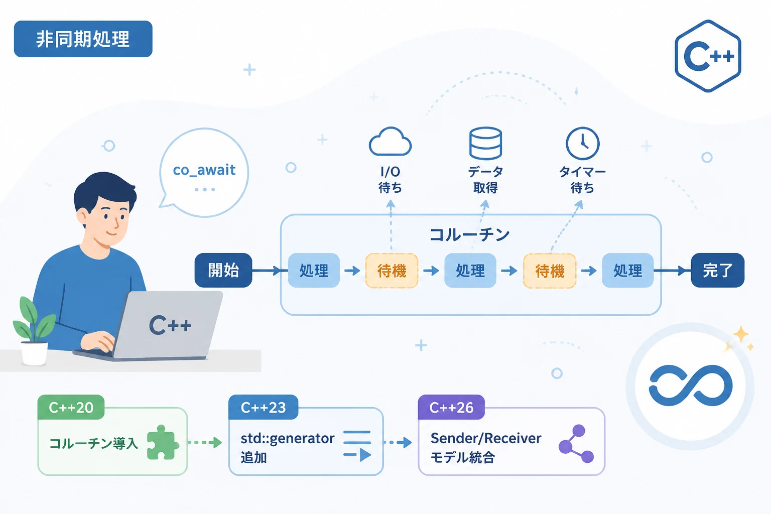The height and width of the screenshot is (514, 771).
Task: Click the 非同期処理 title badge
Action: pyautogui.click(x=83, y=39)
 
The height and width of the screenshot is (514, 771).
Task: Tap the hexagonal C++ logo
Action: pyautogui.click(x=708, y=56)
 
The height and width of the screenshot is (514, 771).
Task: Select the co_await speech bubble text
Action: pyautogui.click(x=204, y=170)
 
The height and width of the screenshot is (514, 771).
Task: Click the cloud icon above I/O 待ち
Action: pyautogui.click(x=390, y=142)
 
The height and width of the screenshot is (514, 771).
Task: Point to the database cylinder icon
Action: pyautogui.click(x=486, y=143)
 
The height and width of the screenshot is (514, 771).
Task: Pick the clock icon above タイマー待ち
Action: pyautogui.click(x=582, y=143)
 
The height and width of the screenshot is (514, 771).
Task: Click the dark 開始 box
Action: pyautogui.click(x=223, y=270)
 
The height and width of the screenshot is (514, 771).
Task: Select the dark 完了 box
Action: pyautogui.click(x=718, y=270)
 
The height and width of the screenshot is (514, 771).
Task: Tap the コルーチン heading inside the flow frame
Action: pyautogui.click(x=470, y=235)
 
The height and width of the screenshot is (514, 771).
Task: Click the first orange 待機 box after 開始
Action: pyautogui.click(x=392, y=271)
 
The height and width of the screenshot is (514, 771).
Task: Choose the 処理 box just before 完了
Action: pyautogui.click(x=628, y=270)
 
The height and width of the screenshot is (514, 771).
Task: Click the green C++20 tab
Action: pyautogui.click(x=71, y=407)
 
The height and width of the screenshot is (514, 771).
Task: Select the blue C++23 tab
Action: pyautogui.click(x=264, y=407)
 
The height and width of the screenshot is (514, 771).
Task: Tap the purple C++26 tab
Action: pyautogui.click(x=452, y=407)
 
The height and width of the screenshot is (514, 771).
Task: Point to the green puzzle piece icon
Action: pyautogui.click(x=163, y=442)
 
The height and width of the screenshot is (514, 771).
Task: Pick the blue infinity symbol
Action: pyautogui.click(x=691, y=385)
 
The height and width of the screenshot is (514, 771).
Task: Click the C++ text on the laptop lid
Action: pyautogui.click(x=170, y=325)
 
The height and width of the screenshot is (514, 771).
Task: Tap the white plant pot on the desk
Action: pyautogui.click(x=34, y=353)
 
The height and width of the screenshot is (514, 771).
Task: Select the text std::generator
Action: pyautogui.click(x=288, y=439)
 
